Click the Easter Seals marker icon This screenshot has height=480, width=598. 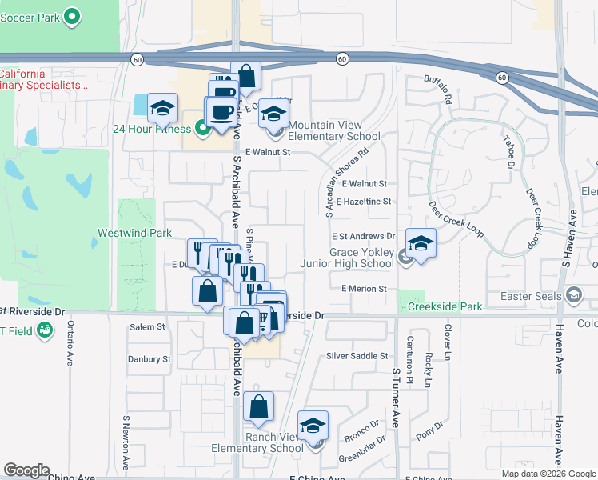[572, 296]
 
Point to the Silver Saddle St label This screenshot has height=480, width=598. [357, 356]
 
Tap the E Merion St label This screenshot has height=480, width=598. [363, 289]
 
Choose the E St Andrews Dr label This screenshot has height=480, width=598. [364, 236]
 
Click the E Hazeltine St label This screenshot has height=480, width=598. [364, 202]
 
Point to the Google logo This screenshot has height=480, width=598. [26, 470]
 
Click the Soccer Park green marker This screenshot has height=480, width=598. [71, 15]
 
